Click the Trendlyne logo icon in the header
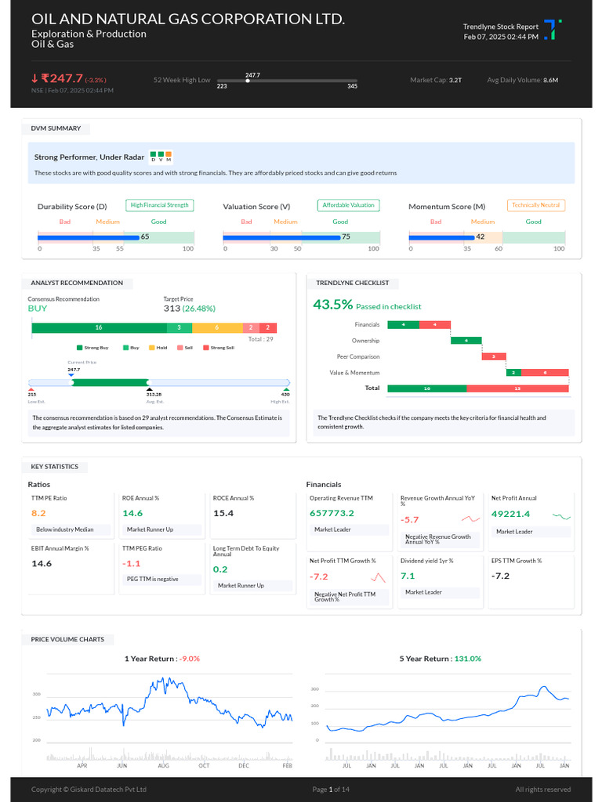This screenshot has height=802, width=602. tap(553, 31)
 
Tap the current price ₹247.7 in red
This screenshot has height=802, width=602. tap(62, 78)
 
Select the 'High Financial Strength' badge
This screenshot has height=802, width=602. tap(159, 205)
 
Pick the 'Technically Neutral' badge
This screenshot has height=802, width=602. tap(536, 205)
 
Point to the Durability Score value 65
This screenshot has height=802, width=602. tap(144, 237)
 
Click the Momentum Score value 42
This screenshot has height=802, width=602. tap(480, 237)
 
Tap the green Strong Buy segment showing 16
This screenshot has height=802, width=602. tap(99, 327)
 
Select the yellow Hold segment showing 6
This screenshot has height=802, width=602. tap(216, 327)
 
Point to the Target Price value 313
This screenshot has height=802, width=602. tap(172, 309)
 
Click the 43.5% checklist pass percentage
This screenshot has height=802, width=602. tap(332, 305)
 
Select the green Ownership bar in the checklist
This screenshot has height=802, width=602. tap(466, 340)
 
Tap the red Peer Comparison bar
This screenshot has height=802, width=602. tap(494, 356)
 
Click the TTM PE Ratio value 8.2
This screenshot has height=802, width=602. tap(38, 513)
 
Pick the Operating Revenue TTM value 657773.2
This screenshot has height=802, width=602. tap(332, 513)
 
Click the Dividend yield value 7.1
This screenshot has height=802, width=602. tap(408, 576)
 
